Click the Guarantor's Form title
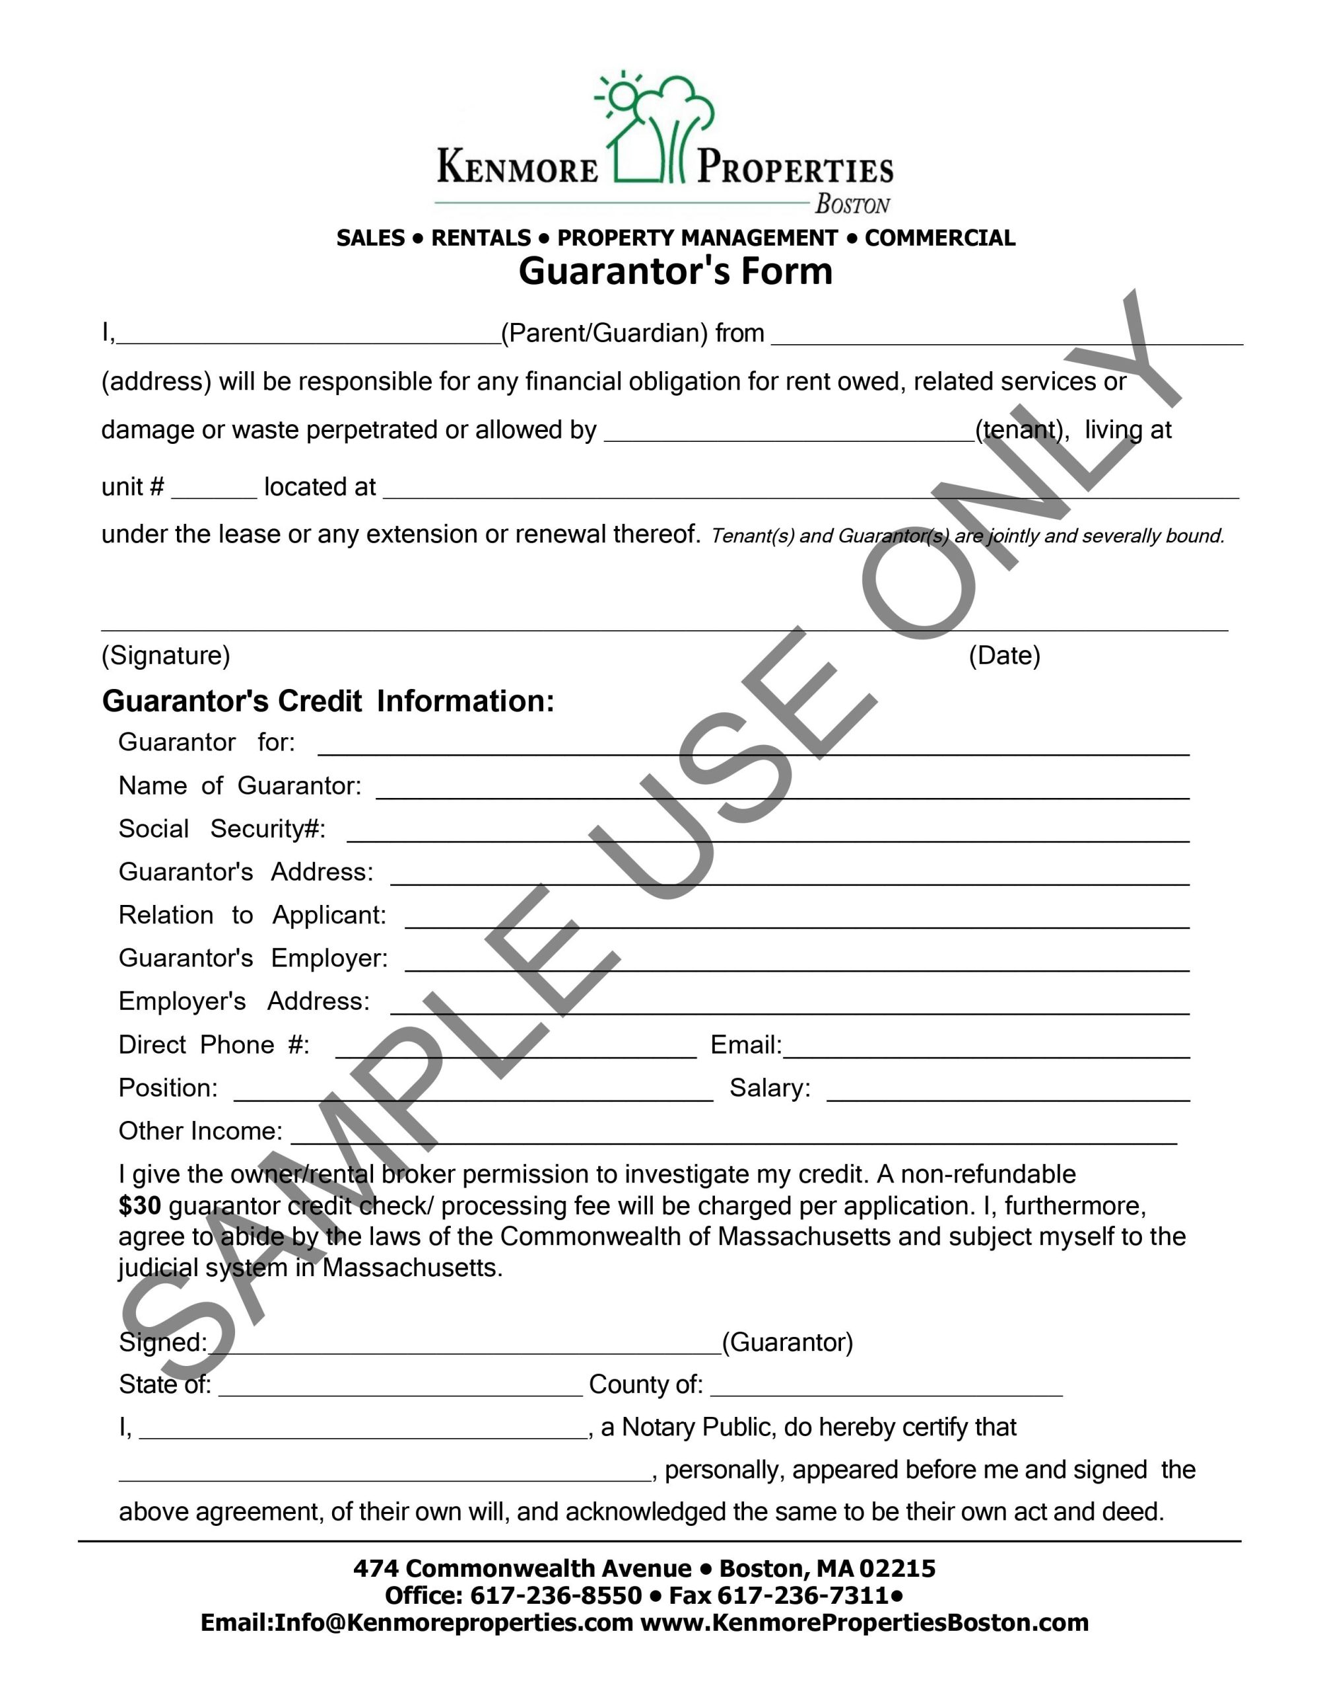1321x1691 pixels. coord(675,271)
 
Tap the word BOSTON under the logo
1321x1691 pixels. coord(852,205)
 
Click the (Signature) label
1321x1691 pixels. coord(166,656)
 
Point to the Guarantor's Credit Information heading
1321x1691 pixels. coord(328,701)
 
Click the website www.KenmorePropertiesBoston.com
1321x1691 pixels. coord(864,1622)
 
